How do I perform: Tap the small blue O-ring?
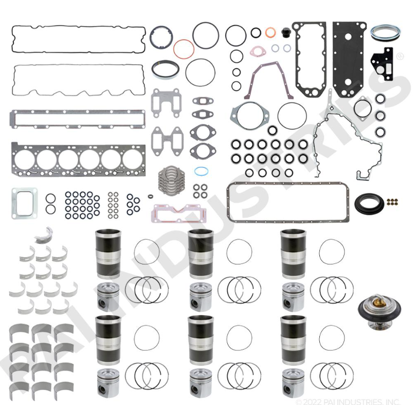pyautogui.click(x=201, y=171)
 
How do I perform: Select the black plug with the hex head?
pyautogui.click(x=286, y=31)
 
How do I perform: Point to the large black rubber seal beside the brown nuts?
pyautogui.click(x=369, y=203)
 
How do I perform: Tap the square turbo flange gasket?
pyautogui.click(x=24, y=203)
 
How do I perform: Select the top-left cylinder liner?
pyautogui.click(x=108, y=254)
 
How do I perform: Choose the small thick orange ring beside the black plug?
pyautogui.click(x=270, y=32)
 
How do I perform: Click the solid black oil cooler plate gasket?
pyautogui.click(x=349, y=60)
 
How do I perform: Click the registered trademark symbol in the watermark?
pyautogui.click(x=400, y=56)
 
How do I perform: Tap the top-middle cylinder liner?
pyautogui.click(x=201, y=254)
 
